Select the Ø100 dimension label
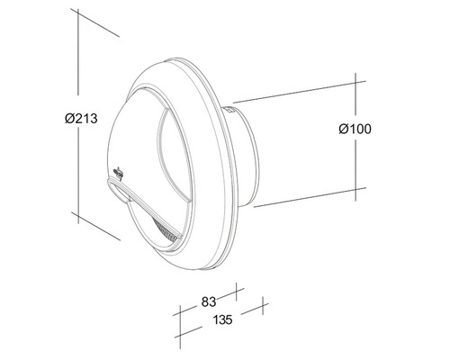pyautogui.click(x=355, y=129)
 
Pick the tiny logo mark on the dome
pyautogui.click(x=121, y=172)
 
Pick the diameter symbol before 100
pyautogui.click(x=342, y=129)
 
